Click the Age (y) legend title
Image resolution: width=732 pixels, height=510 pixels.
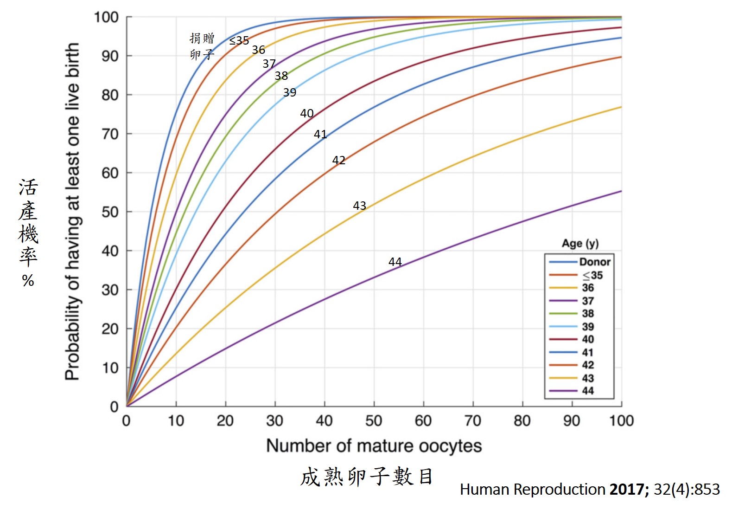[580, 244]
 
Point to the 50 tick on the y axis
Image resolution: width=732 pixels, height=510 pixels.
[110, 212]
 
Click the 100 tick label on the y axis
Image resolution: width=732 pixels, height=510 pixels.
[107, 18]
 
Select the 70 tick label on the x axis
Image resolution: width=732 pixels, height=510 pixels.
[472, 421]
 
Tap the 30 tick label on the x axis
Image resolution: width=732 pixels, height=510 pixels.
[274, 421]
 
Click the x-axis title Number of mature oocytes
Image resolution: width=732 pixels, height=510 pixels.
[374, 446]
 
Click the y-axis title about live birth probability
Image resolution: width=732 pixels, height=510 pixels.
[72, 212]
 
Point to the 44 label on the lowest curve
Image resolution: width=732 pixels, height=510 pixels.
[395, 262]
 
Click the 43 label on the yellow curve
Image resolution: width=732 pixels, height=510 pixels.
[359, 206]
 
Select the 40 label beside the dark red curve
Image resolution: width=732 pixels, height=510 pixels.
[306, 113]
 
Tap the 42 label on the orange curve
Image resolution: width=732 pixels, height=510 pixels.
[338, 160]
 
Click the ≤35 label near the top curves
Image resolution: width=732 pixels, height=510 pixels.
[239, 41]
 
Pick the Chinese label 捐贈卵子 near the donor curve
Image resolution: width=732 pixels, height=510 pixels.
[202, 46]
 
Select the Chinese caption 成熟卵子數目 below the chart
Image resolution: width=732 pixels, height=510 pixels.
[367, 477]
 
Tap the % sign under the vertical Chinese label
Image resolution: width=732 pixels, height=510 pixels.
[28, 281]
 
